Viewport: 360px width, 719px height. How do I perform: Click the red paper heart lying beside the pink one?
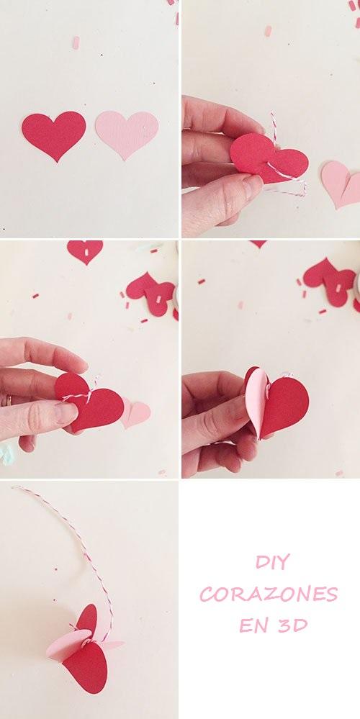pyautogui.click(x=53, y=134)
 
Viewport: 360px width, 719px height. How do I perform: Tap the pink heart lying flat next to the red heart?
pyautogui.click(x=126, y=132)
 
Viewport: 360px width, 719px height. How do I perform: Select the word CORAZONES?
pyautogui.click(x=269, y=594)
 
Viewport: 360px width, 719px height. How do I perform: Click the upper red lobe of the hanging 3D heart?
pyautogui.click(x=86, y=618)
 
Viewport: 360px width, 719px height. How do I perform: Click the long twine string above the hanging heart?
pyautogui.click(x=79, y=540)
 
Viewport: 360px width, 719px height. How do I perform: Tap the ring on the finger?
pyautogui.click(x=9, y=399)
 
